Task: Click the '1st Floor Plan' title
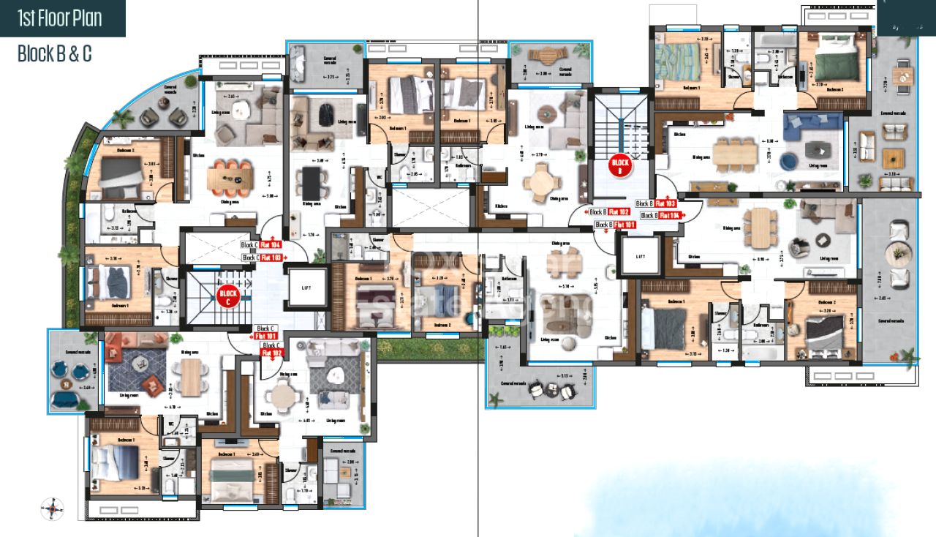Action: (61, 18)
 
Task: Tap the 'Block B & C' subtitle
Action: (55, 53)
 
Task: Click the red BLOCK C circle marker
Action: (228, 296)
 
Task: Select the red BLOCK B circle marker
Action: (620, 167)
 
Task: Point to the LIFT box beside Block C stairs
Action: (306, 288)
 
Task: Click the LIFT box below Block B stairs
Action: (641, 257)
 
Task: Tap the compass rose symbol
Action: (53, 508)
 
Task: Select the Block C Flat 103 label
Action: (263, 258)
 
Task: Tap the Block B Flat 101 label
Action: (615, 225)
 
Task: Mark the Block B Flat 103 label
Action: (656, 204)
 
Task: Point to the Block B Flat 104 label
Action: (661, 216)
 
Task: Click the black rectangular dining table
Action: (312, 180)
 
